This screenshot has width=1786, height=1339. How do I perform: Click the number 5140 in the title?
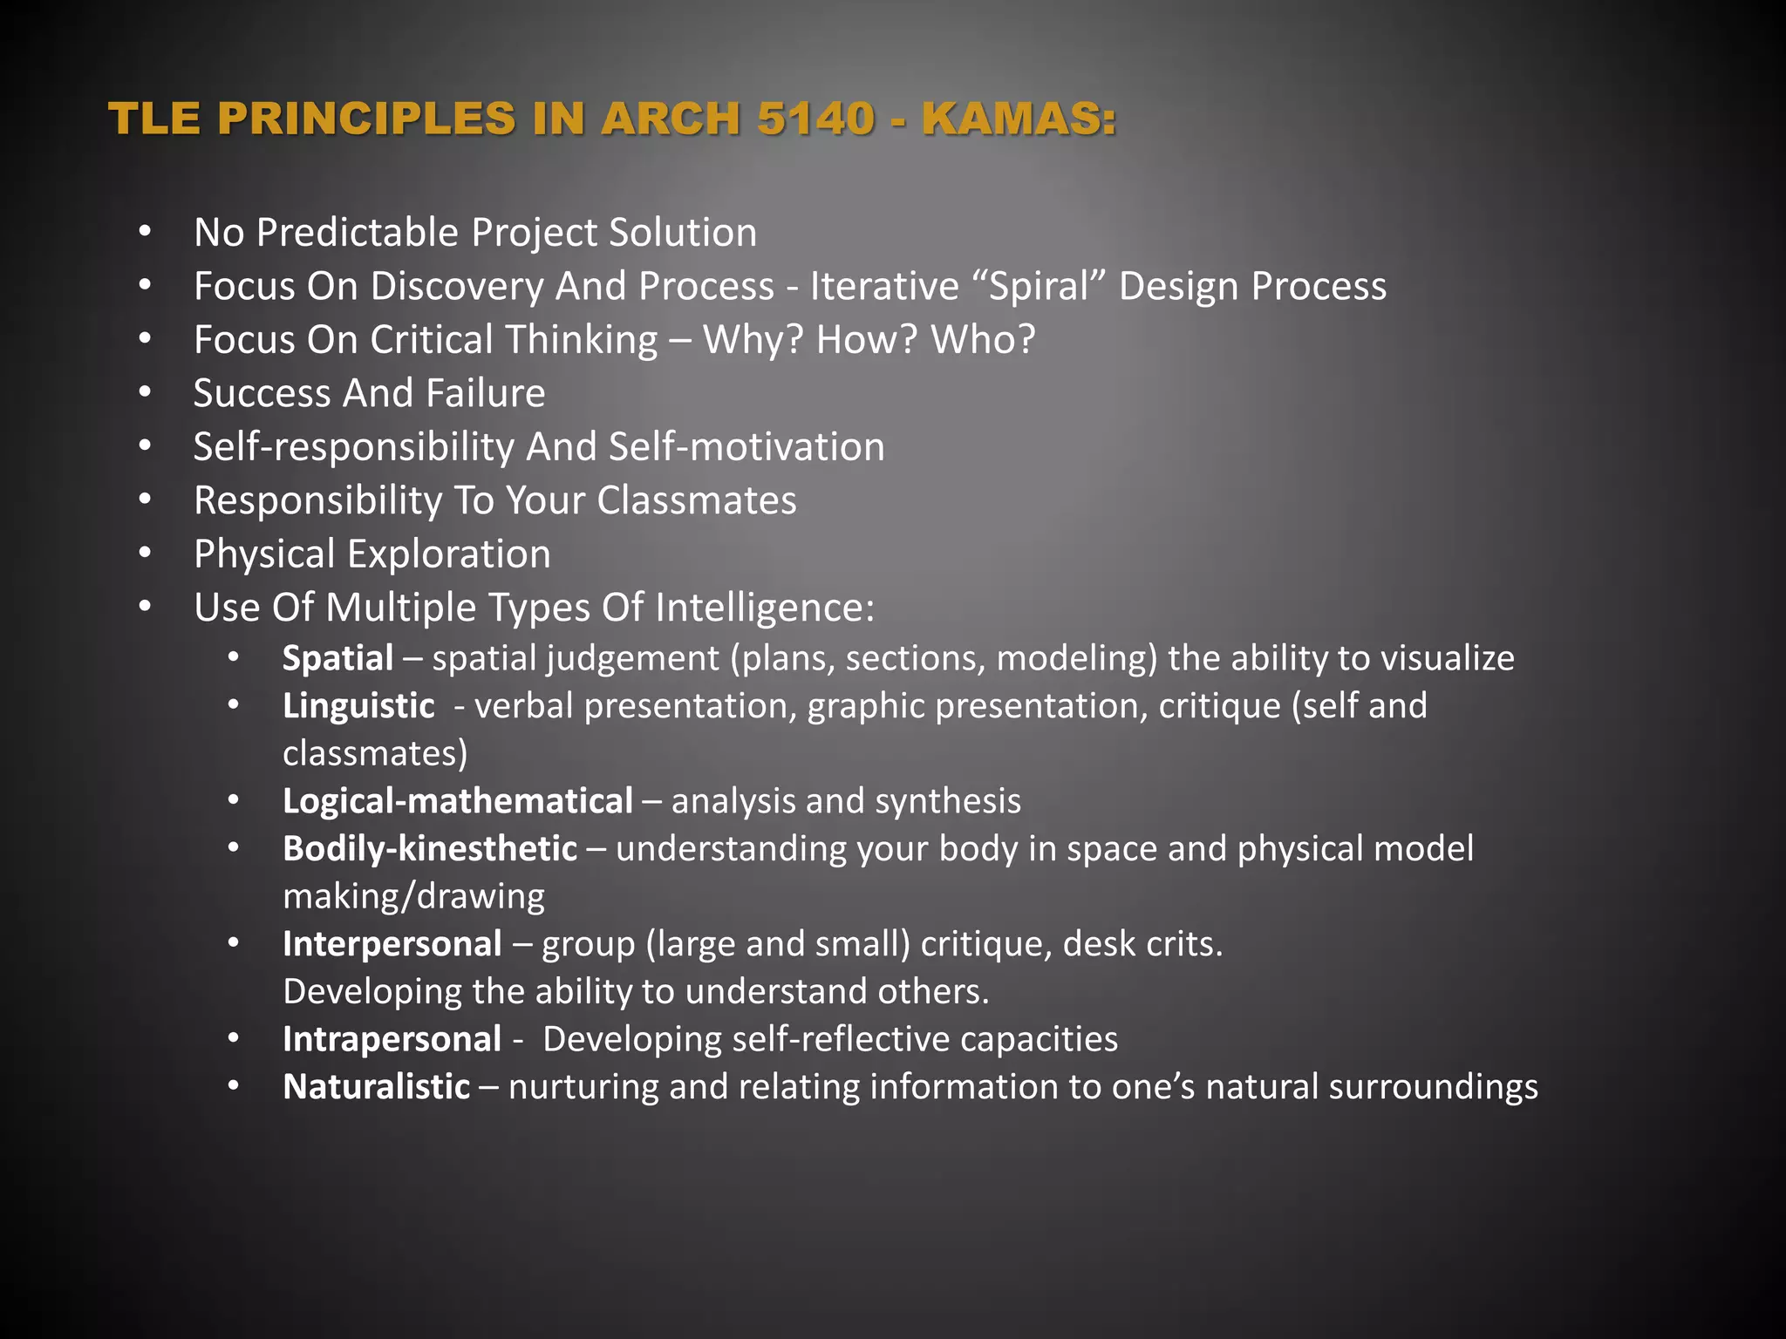815,119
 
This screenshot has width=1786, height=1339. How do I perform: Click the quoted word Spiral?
1040,286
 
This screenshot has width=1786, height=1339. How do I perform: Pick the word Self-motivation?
746,446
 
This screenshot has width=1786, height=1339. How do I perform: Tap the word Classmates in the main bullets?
697,500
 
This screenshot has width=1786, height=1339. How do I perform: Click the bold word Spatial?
338,658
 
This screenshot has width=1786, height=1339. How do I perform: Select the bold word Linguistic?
358,706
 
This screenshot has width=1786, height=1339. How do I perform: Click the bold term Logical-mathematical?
458,801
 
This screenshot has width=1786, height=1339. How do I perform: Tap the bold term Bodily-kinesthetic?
430,848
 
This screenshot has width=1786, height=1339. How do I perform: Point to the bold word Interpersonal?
392,944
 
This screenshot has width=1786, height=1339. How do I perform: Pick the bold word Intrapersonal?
392,1039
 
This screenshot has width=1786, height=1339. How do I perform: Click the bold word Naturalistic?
377,1087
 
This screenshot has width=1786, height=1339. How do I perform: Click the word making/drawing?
414,896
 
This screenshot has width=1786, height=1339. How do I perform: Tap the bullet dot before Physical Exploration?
145,554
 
